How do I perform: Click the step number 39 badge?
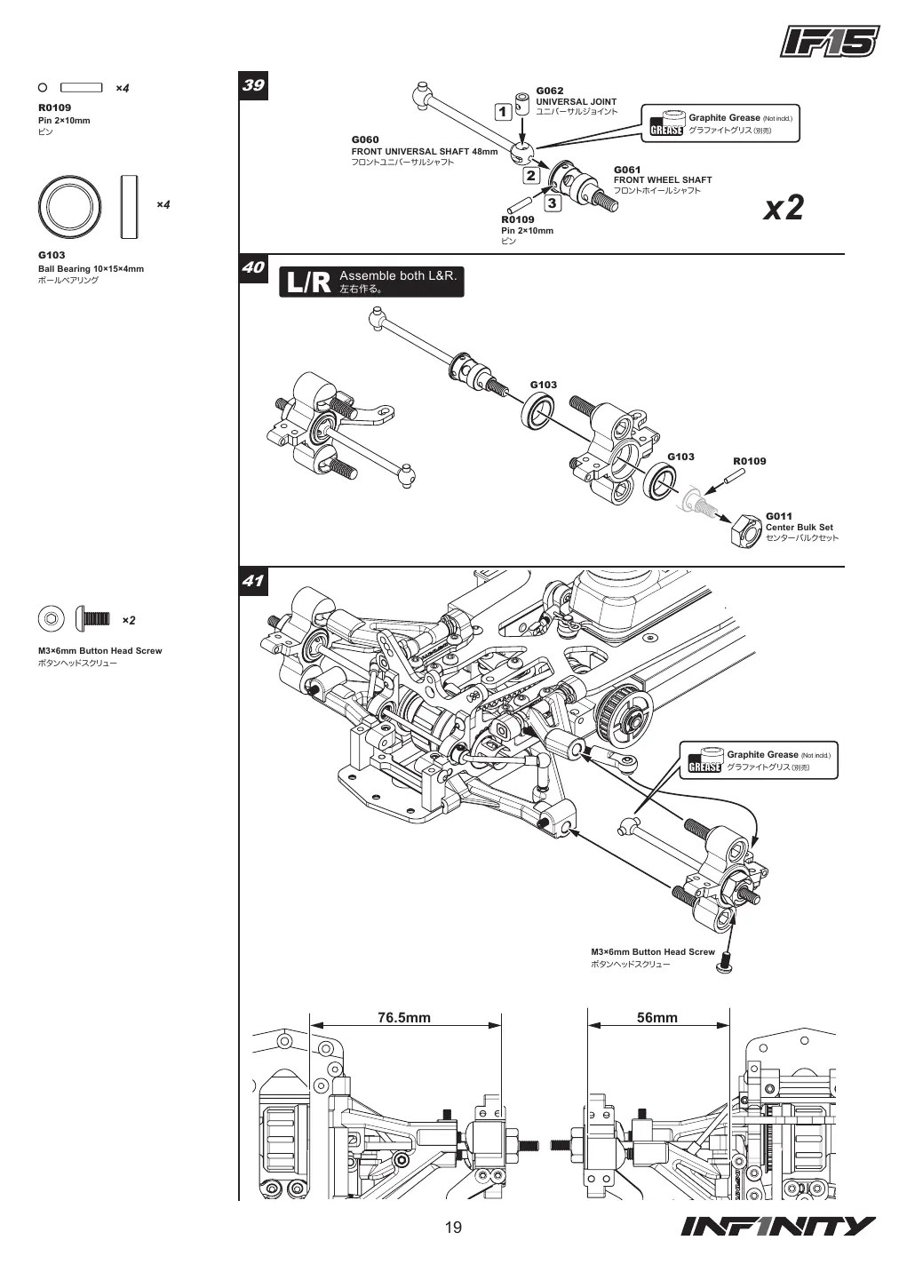253,86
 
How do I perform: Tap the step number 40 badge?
253,268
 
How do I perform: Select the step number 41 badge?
253,582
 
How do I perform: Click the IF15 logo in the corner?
830,42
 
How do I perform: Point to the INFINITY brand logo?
778,1227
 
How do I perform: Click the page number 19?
453,1228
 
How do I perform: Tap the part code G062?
550,91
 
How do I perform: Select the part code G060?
365,139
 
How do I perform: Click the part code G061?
627,170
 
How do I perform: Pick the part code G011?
779,516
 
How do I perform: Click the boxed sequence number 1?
503,112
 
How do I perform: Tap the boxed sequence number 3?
552,203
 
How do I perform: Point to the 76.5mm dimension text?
404,1017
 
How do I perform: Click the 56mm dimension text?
657,1017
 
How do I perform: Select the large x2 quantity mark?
784,208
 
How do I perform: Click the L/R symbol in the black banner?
308,282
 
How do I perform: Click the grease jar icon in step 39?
667,123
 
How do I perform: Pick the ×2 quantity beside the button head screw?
129,621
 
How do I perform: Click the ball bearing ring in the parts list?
70,207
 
